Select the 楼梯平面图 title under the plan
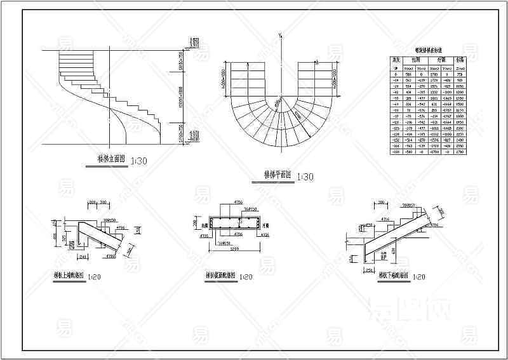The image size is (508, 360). coord(277,175)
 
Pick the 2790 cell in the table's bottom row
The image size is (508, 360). coord(460,152)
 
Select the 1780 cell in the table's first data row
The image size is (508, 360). coord(435,74)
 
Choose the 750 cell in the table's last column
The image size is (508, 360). coord(460,74)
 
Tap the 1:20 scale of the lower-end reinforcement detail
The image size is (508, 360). coord(417,277)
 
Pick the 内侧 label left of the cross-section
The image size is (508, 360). coord(205,224)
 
